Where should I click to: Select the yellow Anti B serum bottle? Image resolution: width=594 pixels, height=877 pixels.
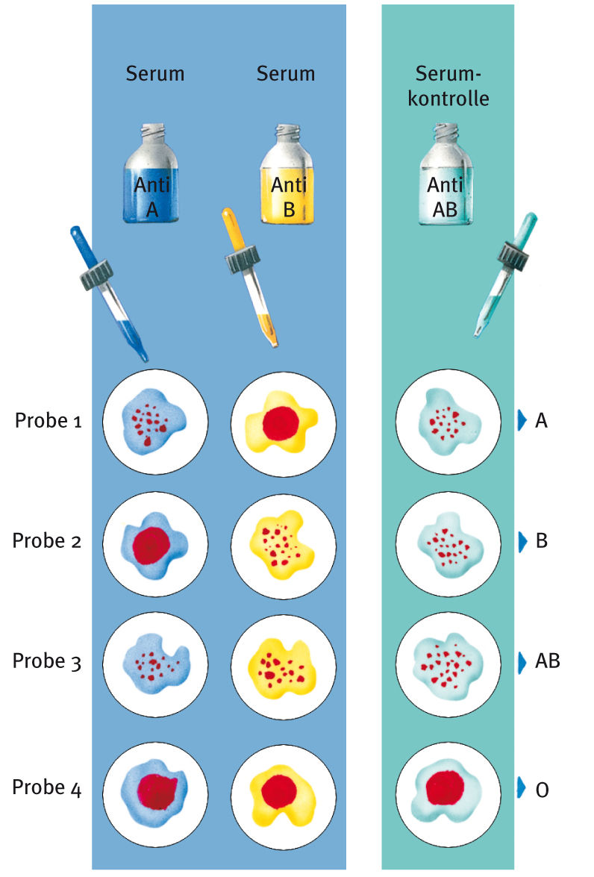[x=287, y=179]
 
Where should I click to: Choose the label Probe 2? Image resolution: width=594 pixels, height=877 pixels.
[x=47, y=540]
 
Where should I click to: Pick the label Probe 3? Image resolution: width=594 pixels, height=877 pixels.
[x=47, y=661]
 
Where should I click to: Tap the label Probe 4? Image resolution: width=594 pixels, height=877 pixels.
[x=47, y=787]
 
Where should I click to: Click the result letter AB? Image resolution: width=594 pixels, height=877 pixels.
[x=548, y=661]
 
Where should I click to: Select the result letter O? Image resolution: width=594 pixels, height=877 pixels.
[x=543, y=788]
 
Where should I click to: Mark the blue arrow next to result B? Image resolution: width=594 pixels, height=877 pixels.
[x=522, y=540]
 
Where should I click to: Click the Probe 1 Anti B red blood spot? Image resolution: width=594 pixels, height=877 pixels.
[x=281, y=423]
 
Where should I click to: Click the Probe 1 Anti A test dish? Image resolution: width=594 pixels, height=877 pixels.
[x=154, y=422]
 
